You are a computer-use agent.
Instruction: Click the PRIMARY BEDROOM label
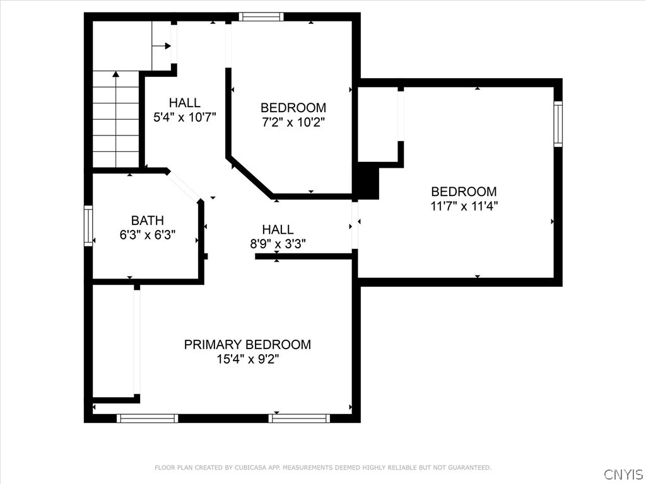point(247,345)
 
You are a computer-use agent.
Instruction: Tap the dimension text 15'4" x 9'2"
point(247,359)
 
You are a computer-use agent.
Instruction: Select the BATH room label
point(148,221)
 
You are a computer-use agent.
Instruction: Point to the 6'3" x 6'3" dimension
point(148,234)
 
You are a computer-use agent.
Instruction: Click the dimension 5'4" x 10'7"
point(185,117)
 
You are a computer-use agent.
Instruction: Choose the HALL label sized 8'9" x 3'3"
point(278,230)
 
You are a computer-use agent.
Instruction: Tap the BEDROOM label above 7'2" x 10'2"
point(293,108)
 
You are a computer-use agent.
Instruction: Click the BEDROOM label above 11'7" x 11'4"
point(464,192)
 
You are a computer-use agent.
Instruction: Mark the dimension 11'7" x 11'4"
point(464,205)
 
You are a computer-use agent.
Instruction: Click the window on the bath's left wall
point(88,226)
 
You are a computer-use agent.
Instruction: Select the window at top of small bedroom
point(261,17)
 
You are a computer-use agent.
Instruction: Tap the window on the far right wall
point(558,124)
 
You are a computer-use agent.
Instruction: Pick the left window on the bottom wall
point(148,418)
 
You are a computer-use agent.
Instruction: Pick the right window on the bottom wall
point(299,418)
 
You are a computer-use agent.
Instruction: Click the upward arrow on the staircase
point(116,75)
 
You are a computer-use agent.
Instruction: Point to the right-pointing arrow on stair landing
point(167,45)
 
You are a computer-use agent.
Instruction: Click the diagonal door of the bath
point(184,185)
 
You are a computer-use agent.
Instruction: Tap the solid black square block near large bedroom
point(367,181)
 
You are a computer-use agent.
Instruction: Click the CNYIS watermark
point(623,474)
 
